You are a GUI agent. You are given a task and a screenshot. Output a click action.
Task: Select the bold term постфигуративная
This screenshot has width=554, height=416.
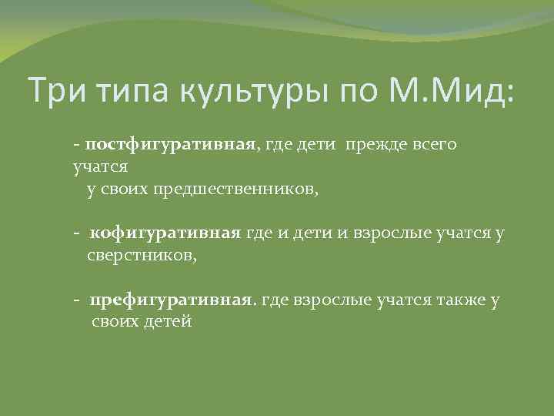(169, 145)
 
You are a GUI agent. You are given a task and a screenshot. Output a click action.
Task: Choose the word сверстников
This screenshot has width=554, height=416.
(142, 255)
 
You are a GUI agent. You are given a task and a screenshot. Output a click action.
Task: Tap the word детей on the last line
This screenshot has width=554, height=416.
(166, 321)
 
